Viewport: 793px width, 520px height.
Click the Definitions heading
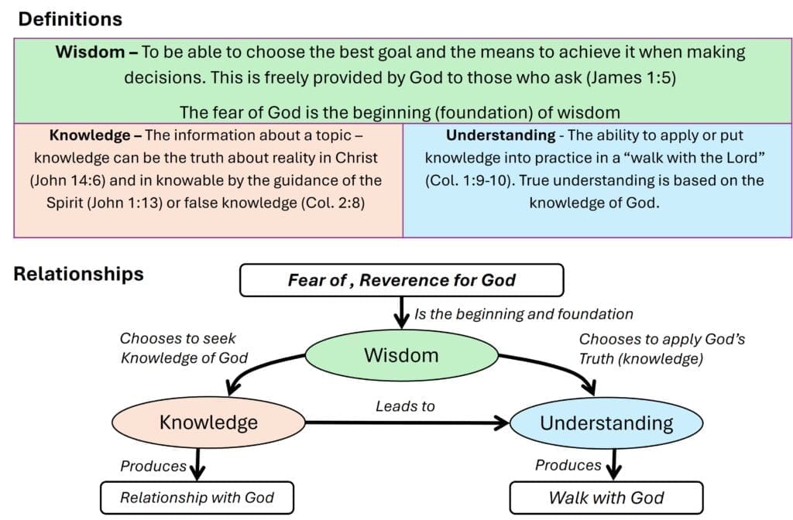click(70, 19)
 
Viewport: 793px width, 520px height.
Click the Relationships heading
click(78, 274)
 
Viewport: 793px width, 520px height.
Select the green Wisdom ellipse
click(401, 355)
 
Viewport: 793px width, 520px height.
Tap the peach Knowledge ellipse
click(208, 422)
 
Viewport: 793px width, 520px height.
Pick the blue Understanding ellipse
click(606, 423)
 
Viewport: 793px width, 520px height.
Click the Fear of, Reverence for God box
click(401, 280)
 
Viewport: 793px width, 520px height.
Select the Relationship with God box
click(197, 498)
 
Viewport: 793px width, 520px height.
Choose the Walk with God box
click(606, 498)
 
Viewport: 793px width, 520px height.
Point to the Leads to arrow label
click(405, 405)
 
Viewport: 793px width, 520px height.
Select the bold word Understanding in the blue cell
click(500, 135)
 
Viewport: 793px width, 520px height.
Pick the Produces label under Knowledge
click(153, 466)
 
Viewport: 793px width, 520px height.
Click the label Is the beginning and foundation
click(524, 314)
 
